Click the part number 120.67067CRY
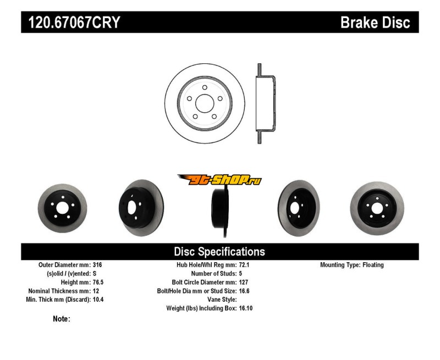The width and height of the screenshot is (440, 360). tap(74, 23)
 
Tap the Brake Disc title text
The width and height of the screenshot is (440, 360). tap(375, 23)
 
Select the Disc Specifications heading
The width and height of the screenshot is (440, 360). tap(219, 252)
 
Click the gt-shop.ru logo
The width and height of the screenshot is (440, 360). tap(219, 180)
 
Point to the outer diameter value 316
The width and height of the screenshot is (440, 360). tap(97, 265)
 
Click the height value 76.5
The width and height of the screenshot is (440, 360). tap(98, 283)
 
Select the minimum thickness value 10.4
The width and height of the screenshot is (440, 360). tap(98, 300)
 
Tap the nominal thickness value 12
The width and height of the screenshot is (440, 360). tap(96, 291)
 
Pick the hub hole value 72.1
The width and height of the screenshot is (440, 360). tap(244, 265)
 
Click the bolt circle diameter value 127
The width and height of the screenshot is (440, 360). tap(244, 283)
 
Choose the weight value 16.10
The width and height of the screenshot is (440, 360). tap(246, 308)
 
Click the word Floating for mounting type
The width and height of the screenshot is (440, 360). tap(373, 265)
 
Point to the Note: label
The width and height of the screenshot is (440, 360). tap(62, 319)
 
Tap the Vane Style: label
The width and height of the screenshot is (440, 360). tap(222, 300)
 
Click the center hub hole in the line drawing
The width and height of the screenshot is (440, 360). tap(205, 103)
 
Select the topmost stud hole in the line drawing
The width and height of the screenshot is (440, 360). tap(205, 87)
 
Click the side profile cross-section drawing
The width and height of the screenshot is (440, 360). tap(266, 103)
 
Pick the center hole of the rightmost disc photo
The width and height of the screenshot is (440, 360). tap(377, 208)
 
